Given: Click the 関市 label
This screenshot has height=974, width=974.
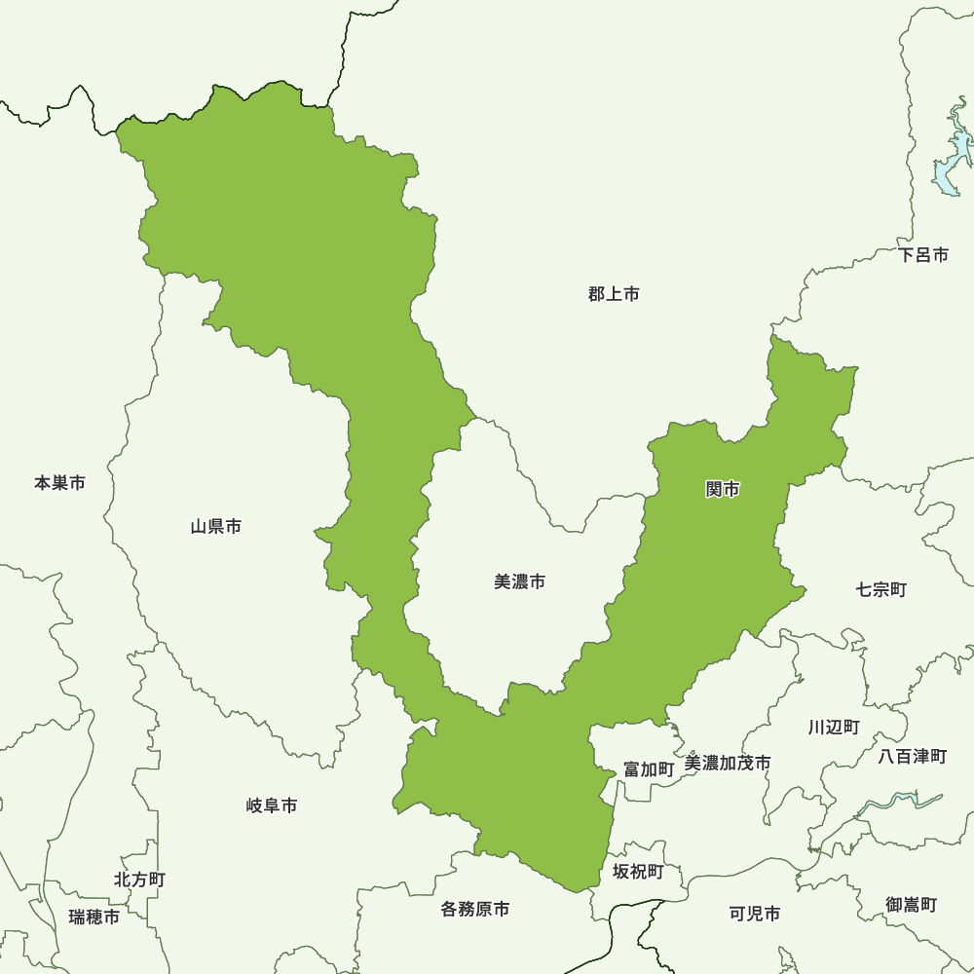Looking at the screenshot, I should coord(722,489).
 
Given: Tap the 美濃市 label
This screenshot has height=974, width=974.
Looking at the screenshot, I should coord(519,581).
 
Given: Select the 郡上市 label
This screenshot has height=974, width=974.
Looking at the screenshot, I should coord(614,293).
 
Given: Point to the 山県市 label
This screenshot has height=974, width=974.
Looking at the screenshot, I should coord(216,527).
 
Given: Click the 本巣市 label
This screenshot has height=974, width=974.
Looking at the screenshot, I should coord(59,482).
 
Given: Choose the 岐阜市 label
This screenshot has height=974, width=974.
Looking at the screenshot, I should coord(272,805).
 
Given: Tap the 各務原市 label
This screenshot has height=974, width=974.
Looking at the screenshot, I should coord(474,910).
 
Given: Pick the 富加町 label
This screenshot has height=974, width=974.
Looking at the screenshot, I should coord(649,768).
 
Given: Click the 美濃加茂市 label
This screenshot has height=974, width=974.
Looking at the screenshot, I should coord(728,763).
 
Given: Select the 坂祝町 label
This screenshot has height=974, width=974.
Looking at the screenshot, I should coord(638,871).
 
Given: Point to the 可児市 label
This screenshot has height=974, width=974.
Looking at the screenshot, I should coord(755,914).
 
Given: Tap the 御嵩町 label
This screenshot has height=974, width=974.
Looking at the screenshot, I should coord(911,905).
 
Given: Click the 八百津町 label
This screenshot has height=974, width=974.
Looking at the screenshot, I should coord(912,756).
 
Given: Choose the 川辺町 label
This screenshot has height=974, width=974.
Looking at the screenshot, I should coord(834,727).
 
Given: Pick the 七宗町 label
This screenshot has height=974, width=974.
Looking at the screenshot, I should coord(881,589).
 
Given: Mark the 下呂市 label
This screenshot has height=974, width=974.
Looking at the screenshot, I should coord(923,255).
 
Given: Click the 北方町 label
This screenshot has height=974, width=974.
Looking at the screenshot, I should coord(139,880).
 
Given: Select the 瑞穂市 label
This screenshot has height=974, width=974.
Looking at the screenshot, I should coord(94,917).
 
